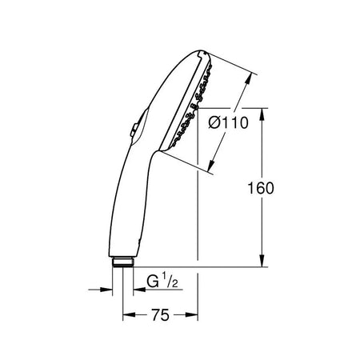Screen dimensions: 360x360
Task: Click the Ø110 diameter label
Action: point(228,123)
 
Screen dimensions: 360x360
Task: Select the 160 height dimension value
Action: point(261,188)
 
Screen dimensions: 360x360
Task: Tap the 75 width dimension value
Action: point(160,315)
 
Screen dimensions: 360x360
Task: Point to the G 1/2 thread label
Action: point(162,282)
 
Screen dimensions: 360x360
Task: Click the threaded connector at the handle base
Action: point(122,262)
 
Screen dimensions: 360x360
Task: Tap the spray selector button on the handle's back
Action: point(134,130)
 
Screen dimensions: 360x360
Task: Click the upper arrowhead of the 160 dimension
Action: point(262,114)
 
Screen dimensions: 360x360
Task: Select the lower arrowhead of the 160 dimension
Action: point(262,261)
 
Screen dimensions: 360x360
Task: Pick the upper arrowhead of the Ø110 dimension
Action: point(248,78)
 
